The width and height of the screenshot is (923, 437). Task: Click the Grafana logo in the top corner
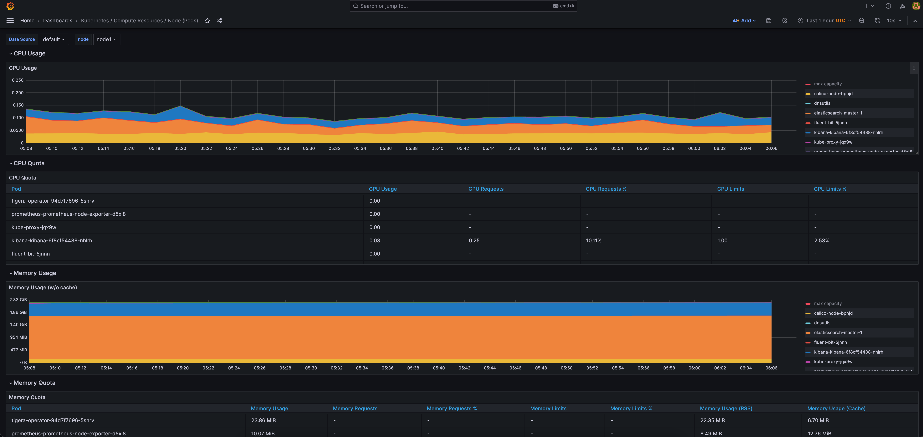10,6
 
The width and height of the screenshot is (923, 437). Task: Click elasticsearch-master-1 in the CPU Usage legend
838,113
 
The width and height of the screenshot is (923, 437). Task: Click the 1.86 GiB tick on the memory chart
18,312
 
